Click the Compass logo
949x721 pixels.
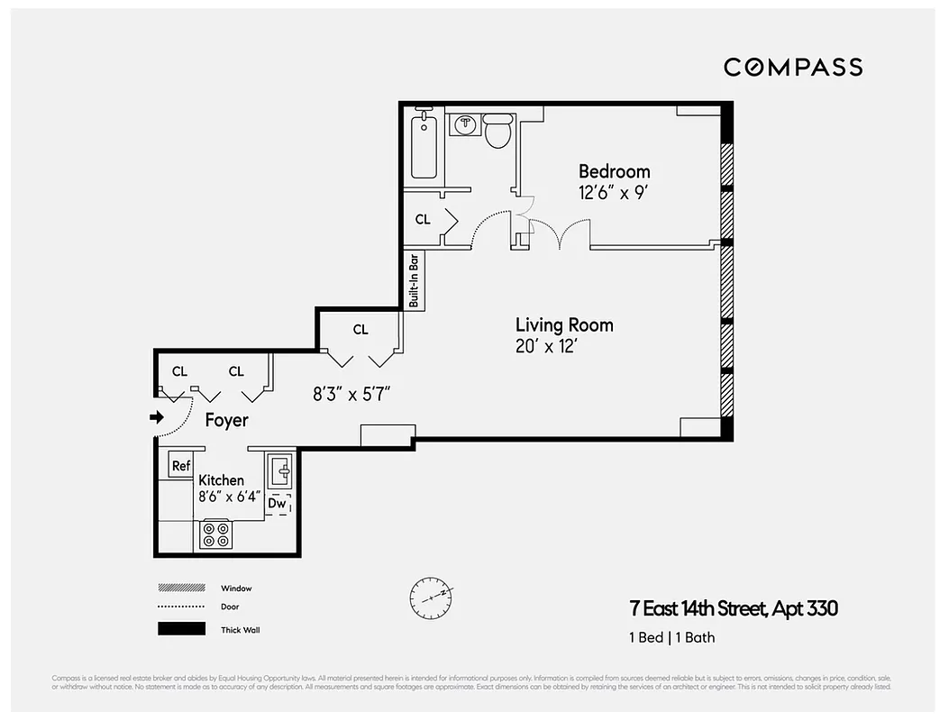click(793, 68)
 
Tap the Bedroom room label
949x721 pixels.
click(614, 171)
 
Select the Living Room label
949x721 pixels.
click(564, 325)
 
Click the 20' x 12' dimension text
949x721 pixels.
click(545, 346)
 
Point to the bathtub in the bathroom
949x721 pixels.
click(424, 146)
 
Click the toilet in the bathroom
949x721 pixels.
click(497, 132)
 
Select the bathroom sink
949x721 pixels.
click(465, 125)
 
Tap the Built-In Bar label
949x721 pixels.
click(415, 279)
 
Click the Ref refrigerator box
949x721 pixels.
click(181, 465)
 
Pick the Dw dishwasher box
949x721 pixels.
click(278, 505)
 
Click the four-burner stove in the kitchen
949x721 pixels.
click(215, 535)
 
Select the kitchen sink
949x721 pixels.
click(279, 471)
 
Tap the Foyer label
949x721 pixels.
click(226, 420)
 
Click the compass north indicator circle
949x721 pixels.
click(430, 596)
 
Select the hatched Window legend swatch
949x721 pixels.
click(181, 588)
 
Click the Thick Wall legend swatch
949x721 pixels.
click(181, 629)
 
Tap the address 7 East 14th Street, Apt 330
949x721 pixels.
click(733, 608)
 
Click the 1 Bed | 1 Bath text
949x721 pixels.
click(671, 637)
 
